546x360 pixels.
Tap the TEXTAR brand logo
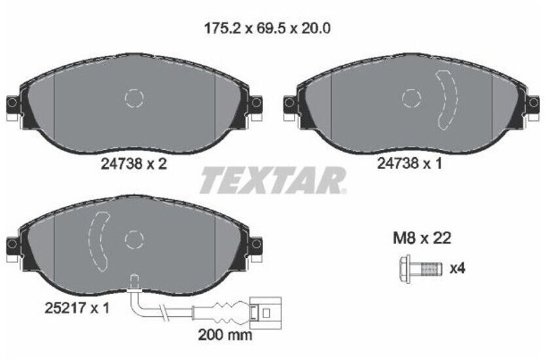pos(272,180)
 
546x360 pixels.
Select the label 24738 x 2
pos(134,165)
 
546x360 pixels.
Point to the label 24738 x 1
pos(410,165)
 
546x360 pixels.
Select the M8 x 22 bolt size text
pos(422,238)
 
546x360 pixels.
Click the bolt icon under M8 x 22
pos(418,268)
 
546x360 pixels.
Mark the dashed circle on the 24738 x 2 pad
pos(134,98)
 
